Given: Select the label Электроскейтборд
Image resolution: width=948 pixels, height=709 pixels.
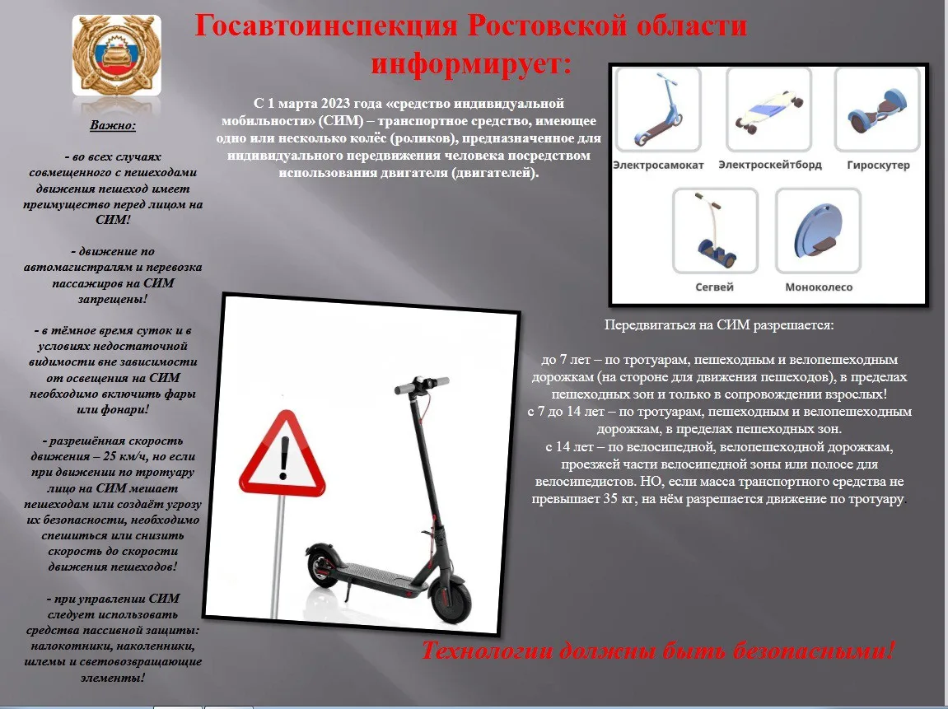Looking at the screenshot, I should pyautogui.click(x=769, y=165).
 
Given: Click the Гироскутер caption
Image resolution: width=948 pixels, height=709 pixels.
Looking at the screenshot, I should pyautogui.click(x=878, y=165).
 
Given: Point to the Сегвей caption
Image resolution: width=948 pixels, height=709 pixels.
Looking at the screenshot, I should pyautogui.click(x=713, y=287).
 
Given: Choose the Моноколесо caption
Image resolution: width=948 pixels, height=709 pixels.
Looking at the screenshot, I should pyautogui.click(x=819, y=287).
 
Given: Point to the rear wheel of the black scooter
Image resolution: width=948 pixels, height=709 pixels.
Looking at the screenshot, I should pyautogui.click(x=324, y=567).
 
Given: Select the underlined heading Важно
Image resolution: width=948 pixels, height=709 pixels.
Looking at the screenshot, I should pyautogui.click(x=113, y=126).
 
